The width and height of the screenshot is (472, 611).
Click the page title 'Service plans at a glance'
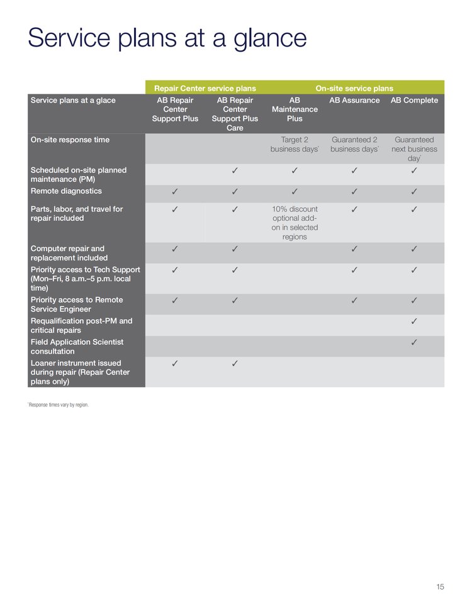[167, 38]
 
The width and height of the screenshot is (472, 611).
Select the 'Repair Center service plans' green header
[205, 89]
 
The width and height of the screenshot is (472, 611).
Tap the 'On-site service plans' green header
[354, 89]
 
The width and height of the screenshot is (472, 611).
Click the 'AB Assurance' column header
[354, 101]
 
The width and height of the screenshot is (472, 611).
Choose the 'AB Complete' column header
[414, 101]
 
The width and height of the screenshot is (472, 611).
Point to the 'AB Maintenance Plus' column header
[295, 109]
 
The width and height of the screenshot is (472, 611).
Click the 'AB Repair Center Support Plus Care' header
[235, 114]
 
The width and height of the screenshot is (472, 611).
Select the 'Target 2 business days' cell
[295, 145]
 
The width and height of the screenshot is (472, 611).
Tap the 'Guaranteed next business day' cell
[414, 149]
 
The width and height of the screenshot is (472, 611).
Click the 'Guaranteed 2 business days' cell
[354, 145]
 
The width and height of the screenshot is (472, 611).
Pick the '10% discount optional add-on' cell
[295, 223]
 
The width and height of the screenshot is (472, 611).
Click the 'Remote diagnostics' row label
[66, 191]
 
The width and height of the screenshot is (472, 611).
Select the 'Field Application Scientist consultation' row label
[77, 347]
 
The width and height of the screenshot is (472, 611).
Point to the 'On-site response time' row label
[70, 140]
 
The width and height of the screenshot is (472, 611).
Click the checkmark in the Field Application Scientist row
[414, 342]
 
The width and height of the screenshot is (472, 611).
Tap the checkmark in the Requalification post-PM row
[414, 322]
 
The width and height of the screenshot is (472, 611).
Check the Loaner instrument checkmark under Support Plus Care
[235, 363]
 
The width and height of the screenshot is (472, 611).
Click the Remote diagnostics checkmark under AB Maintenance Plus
[295, 191]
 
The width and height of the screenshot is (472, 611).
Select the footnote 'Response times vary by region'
[59, 405]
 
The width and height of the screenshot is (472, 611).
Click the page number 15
[440, 586]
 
